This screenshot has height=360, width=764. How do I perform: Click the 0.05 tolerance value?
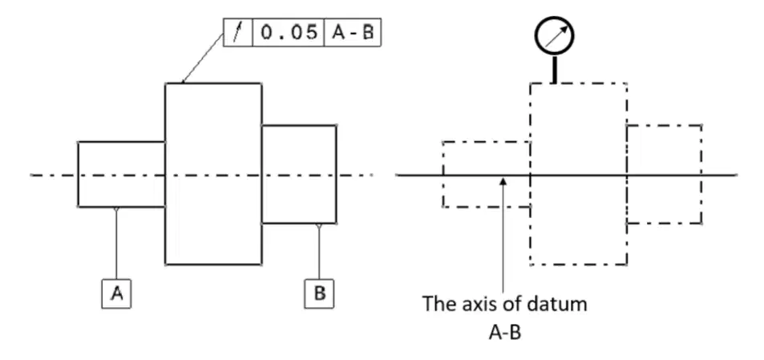point(289,33)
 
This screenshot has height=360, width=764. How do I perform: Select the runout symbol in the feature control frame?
point(238,33)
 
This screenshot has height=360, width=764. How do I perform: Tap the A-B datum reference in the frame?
point(352,33)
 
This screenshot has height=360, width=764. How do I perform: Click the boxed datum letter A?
point(116,293)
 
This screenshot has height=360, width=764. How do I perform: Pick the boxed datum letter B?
point(319,293)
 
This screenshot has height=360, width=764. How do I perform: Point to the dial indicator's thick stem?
point(554,69)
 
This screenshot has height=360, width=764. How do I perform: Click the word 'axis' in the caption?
point(479,304)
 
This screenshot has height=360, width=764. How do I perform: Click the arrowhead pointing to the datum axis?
point(503,181)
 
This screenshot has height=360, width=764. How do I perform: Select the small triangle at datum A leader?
point(116,209)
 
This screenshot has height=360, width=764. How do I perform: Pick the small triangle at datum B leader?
point(318,226)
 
